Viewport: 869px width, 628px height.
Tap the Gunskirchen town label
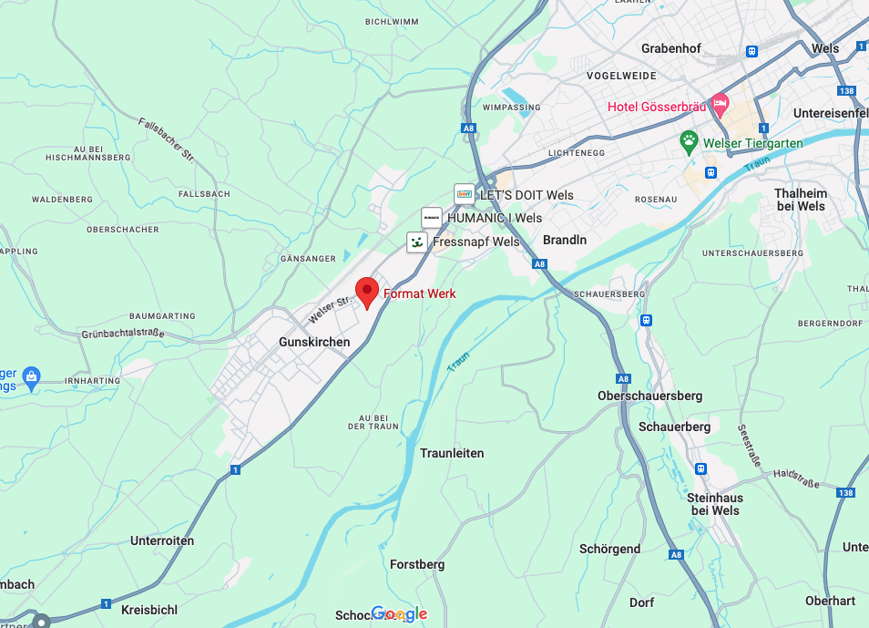(313, 342)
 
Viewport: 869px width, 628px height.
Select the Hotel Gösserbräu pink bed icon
(721, 106)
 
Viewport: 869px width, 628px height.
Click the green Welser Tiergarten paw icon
(690, 141)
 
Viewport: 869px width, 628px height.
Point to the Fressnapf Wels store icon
(416, 242)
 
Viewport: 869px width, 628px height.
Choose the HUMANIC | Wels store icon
(432, 219)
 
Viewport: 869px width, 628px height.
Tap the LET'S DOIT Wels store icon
(465, 194)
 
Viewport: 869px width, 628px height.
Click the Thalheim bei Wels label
(800, 200)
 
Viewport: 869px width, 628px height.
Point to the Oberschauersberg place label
(649, 396)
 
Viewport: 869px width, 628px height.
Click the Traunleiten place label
(452, 453)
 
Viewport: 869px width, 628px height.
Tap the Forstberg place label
(417, 564)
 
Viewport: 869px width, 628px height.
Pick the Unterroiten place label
(162, 540)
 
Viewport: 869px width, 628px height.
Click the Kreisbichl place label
(149, 609)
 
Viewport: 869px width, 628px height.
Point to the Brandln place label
(565, 240)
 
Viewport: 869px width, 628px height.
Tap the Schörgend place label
(609, 549)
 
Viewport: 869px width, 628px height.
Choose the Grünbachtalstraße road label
(123, 333)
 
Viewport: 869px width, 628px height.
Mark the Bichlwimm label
(391, 21)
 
